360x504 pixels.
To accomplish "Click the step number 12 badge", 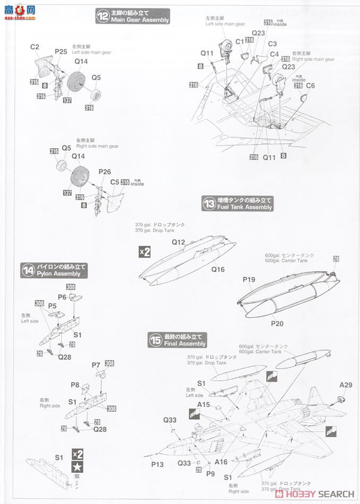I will [x=102, y=16].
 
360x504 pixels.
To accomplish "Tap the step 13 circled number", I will [x=209, y=203].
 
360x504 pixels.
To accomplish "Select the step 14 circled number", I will [x=28, y=270].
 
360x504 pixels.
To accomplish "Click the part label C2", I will [x=35, y=47].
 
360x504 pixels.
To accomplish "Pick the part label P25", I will [x=61, y=52].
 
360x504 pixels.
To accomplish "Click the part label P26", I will [x=105, y=172].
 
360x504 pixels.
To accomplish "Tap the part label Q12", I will [x=178, y=242].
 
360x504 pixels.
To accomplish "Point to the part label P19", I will [x=249, y=279].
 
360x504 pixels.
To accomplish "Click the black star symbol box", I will [x=78, y=467].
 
